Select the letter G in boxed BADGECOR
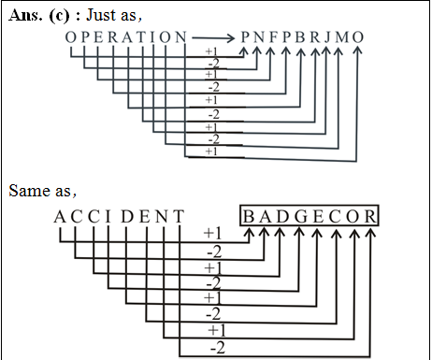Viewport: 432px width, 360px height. click(297, 218)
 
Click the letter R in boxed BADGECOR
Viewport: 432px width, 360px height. click(370, 218)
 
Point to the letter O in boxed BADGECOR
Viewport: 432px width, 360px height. click(353, 218)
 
